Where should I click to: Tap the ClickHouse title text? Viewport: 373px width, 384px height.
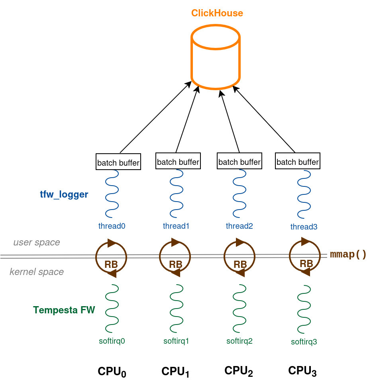point(217,13)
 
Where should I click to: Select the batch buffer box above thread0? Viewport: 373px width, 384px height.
point(118,162)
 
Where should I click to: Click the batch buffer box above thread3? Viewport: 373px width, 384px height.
point(298,162)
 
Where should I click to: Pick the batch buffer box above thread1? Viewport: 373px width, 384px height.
point(178,162)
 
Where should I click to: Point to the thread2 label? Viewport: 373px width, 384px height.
point(239,226)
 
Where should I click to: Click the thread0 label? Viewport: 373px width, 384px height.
point(112,226)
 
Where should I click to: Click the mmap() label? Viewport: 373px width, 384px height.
point(348,255)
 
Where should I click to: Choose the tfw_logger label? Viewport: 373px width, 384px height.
point(64,195)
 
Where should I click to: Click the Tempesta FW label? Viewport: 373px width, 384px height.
point(64,310)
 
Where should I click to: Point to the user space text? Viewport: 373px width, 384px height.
point(37,242)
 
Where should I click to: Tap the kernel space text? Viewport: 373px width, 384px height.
point(37,272)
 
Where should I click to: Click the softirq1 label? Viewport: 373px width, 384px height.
point(176,341)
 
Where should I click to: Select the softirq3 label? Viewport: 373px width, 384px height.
point(304,342)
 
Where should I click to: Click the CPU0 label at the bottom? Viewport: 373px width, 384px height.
point(112,372)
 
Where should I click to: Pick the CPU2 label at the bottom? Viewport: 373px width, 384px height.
point(239,371)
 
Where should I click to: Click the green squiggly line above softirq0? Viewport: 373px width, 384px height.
point(112,309)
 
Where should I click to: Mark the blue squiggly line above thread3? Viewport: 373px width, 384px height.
point(304,194)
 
